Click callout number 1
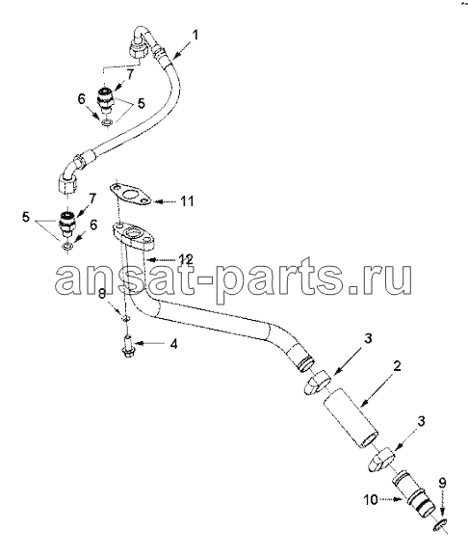pos(195,36)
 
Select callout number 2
pos(397,366)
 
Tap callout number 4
pos(173,344)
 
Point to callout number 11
pos(187,201)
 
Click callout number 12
pos(186,259)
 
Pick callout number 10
pos(372,500)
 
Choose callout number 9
pos(443,483)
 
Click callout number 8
pos(102,293)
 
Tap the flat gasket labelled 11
pos(130,195)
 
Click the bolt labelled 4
pos(127,344)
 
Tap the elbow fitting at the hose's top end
pos(141,41)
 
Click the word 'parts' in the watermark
pos(288,279)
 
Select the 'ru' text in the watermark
pos(387,280)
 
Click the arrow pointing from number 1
pos(182,50)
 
